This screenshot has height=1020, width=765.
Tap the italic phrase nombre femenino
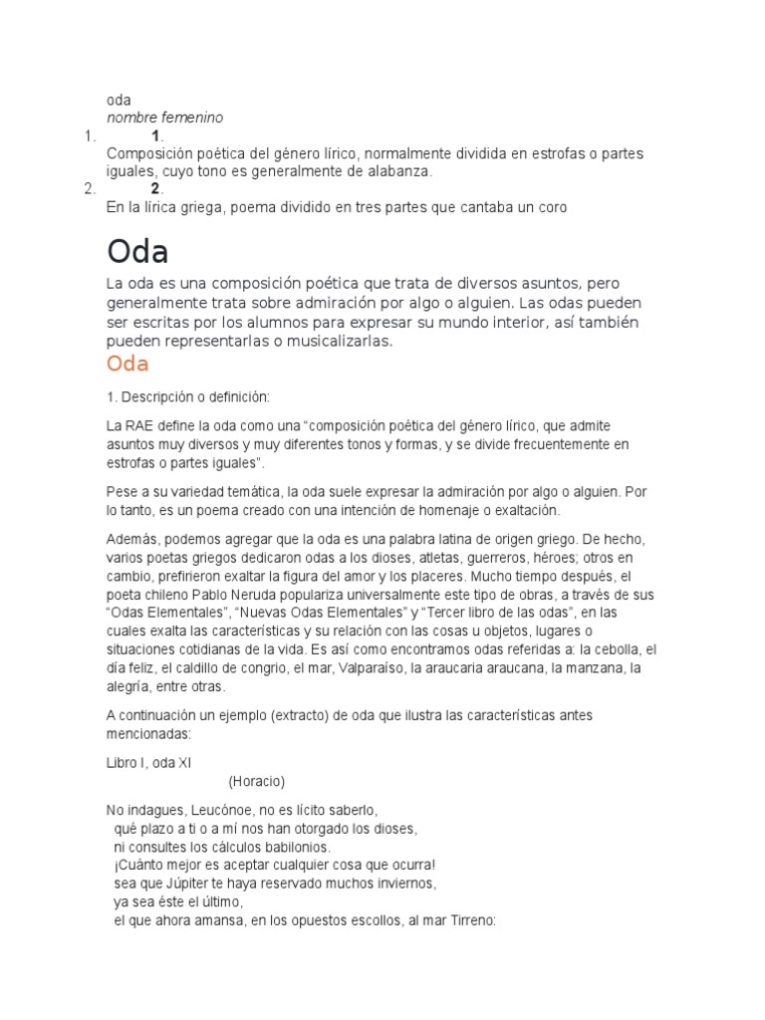point(164,118)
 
